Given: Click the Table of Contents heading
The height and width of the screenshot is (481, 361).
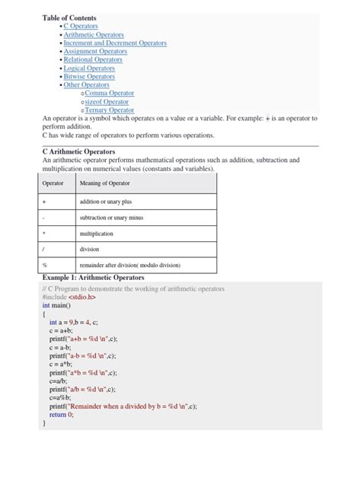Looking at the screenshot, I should (x=69, y=18).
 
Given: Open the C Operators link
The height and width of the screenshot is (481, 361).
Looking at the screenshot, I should (x=81, y=26).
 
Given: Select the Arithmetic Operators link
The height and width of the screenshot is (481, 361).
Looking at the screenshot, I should (x=94, y=35).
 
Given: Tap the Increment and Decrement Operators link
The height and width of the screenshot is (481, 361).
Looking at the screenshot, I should (x=115, y=43).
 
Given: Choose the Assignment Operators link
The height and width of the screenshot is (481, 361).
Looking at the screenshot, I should (x=95, y=52).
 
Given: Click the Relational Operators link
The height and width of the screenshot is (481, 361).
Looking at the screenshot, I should (x=93, y=59).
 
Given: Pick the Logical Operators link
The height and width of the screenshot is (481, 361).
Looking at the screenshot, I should (x=89, y=68).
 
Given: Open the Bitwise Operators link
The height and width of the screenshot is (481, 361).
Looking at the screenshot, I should (x=89, y=77).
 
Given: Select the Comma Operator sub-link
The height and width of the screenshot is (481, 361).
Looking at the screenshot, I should (x=109, y=94).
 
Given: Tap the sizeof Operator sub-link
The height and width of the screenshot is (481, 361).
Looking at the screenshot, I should (x=107, y=102).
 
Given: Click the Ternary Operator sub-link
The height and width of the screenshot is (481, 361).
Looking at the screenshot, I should (x=109, y=110).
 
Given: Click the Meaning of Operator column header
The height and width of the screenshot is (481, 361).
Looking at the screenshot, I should (x=104, y=184).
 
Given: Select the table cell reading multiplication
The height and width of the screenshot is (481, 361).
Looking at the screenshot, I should (x=96, y=234).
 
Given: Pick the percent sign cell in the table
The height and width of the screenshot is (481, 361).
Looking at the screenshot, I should (x=45, y=266).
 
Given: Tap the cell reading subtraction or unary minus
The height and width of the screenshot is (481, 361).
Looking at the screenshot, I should (x=111, y=218).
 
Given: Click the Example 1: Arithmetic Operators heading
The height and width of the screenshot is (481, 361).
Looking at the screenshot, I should (x=93, y=278).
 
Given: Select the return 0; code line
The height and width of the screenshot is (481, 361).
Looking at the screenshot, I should (x=62, y=415).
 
